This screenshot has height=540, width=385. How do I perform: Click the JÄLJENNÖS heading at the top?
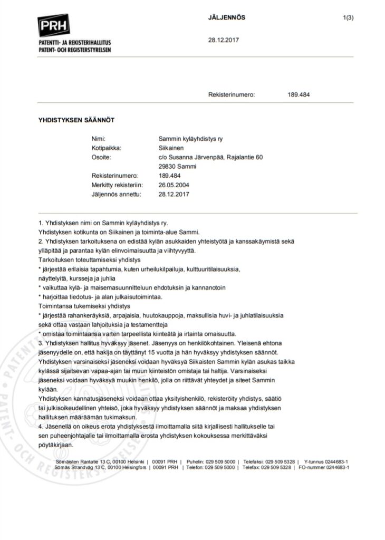[227, 17]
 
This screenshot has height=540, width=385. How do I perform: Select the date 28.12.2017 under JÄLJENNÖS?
[224, 40]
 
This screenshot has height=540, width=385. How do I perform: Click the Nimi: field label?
[99, 138]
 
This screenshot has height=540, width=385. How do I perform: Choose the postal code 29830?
[166, 166]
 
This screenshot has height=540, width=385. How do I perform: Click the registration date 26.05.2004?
[174, 185]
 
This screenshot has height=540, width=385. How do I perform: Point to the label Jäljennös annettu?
[117, 194]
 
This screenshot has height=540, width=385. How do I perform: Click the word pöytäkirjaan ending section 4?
[55, 445]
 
